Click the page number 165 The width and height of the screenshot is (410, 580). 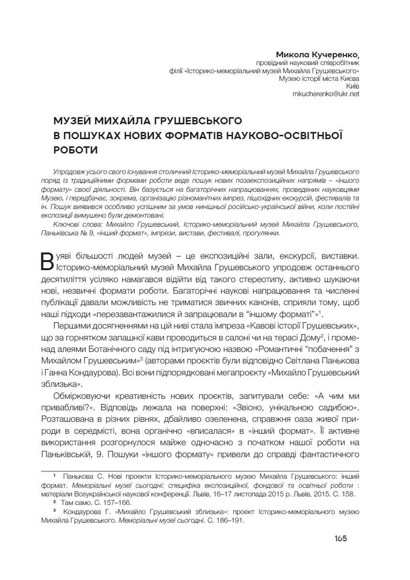341,538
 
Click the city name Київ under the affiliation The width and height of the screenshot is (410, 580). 352,86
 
